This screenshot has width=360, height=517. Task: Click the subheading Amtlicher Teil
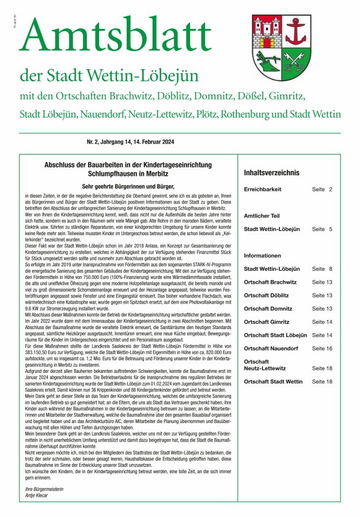click(262, 214)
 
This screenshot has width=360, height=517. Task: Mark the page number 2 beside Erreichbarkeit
click(331, 189)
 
